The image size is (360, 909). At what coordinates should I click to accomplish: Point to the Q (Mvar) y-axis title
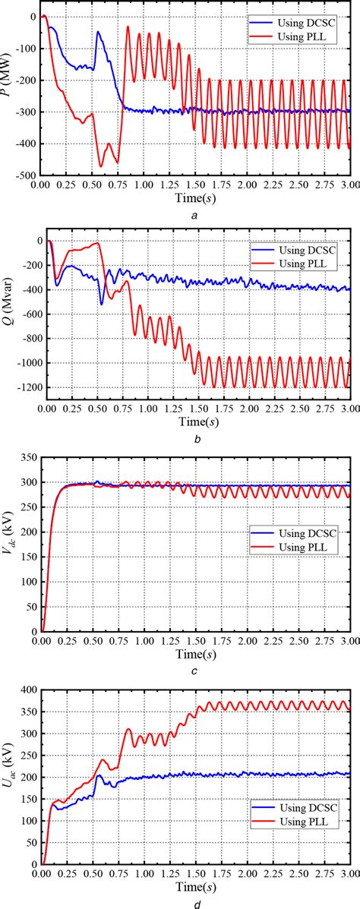point(8,316)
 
